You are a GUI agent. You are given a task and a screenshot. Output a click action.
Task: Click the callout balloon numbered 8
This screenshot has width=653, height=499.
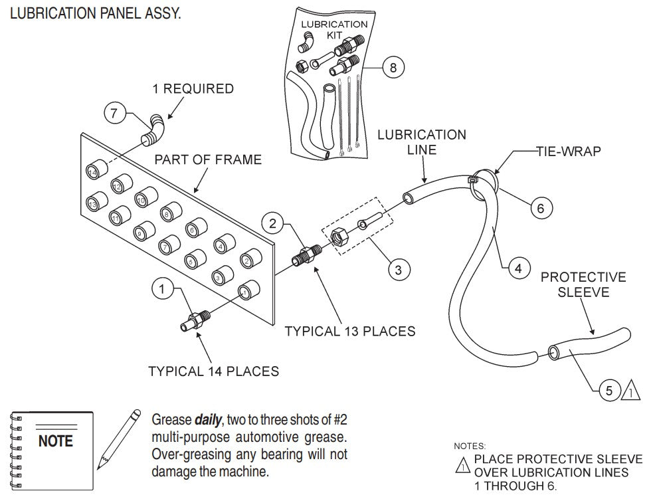[x=393, y=67]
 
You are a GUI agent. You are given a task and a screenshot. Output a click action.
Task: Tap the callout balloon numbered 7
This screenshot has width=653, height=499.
[x=114, y=114]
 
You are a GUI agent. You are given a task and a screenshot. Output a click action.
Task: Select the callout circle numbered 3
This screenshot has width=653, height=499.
[x=399, y=269]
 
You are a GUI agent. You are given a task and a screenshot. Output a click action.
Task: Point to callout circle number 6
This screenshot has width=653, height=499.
[x=541, y=208]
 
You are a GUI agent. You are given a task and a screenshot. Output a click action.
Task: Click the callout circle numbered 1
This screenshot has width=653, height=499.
[x=163, y=289]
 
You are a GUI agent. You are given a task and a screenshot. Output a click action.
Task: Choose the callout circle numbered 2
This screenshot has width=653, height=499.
[x=274, y=223]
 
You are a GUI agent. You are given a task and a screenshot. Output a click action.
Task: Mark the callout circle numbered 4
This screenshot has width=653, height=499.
[x=519, y=268]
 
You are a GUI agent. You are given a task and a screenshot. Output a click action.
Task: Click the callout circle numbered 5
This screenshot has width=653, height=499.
[x=609, y=391]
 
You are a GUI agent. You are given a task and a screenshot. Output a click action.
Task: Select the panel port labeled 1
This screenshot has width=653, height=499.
[x=247, y=290]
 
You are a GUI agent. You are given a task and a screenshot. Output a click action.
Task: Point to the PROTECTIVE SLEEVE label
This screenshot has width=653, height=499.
[x=583, y=284]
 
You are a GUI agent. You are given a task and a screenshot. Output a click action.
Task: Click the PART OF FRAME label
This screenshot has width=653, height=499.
[x=208, y=160]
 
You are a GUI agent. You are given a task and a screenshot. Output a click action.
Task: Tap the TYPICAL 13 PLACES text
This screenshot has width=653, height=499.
[x=349, y=330]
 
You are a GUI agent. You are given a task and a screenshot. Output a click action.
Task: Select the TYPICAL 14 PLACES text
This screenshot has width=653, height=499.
[x=213, y=371]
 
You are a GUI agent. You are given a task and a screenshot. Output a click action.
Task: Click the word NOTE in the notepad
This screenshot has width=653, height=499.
[x=56, y=441]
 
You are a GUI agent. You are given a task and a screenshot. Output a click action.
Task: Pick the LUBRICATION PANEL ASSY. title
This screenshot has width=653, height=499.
[x=94, y=13]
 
